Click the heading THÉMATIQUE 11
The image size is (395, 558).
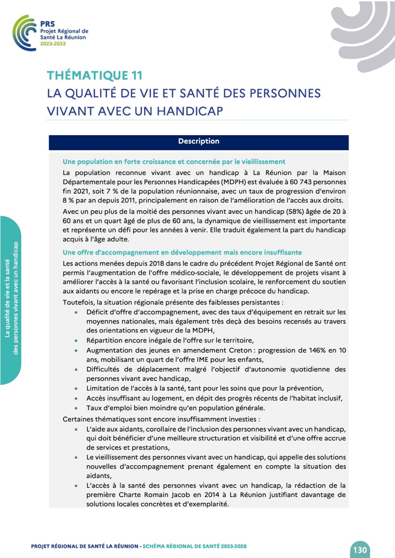(x=94, y=75)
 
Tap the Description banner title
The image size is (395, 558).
(x=198, y=141)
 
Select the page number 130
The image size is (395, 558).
(x=359, y=550)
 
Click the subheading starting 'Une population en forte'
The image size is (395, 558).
(x=174, y=162)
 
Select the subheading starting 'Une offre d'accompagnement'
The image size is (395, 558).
(x=182, y=252)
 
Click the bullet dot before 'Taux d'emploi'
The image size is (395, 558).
(x=76, y=408)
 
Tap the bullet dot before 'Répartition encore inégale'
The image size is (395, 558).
(x=76, y=341)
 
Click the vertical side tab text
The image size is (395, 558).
(x=11, y=300)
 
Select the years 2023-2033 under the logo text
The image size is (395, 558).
(x=53, y=43)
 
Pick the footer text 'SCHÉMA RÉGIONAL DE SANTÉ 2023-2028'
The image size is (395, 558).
(x=194, y=547)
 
